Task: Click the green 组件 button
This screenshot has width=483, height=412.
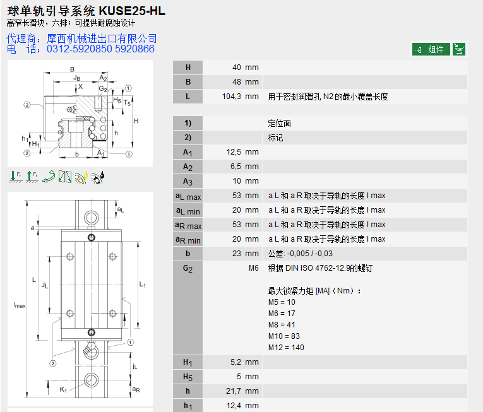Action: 431,49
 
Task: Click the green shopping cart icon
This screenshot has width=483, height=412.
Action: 459,49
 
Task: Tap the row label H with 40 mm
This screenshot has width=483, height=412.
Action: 188,68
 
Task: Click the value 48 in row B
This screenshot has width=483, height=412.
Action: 237,82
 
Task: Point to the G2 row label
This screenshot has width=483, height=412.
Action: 188,268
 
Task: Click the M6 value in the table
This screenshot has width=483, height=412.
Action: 253,268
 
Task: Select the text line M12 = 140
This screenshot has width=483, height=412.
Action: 286,348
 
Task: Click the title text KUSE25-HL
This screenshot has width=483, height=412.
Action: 132,11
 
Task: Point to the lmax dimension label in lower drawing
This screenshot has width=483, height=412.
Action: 20,305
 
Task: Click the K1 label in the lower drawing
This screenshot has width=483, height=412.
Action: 63,390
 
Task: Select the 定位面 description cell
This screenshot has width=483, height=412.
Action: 280,123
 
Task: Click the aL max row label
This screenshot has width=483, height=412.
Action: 188,196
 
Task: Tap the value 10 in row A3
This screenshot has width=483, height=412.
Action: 237,181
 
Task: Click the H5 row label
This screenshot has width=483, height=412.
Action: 188,377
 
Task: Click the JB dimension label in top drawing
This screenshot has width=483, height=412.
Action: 77,78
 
